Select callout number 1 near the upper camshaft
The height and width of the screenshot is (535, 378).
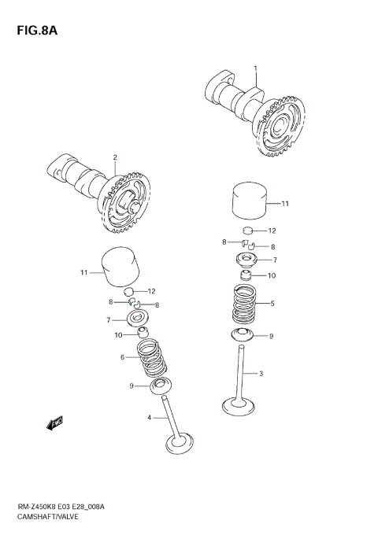(256, 68)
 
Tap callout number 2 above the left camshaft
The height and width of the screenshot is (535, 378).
(114, 157)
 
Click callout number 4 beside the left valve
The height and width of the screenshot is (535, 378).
(148, 418)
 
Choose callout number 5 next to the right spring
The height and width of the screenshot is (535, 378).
(272, 304)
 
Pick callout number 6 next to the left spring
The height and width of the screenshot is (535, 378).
(123, 358)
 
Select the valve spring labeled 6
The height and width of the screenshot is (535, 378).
(154, 359)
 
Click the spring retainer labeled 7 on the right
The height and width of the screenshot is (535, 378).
(246, 260)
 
